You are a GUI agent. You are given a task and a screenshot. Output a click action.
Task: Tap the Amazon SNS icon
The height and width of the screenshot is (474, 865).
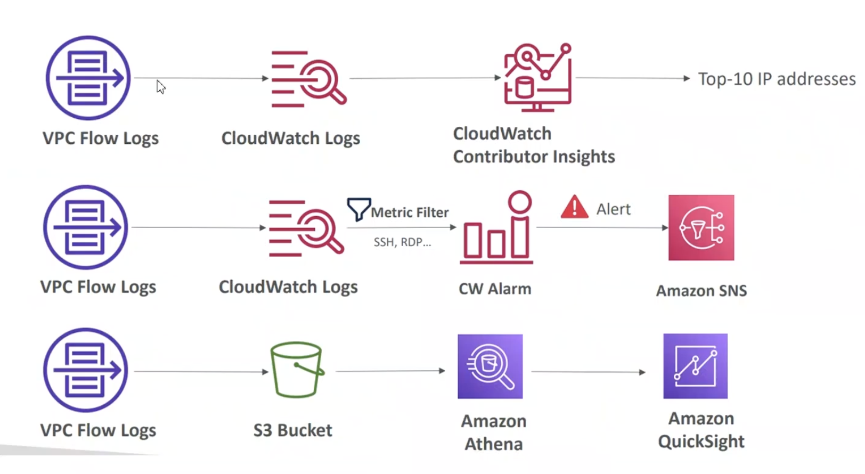tap(701, 227)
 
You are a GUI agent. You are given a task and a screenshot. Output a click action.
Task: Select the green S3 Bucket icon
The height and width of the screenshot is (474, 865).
tap(296, 370)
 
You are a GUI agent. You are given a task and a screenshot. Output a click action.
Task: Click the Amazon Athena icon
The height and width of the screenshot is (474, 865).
tap(490, 366)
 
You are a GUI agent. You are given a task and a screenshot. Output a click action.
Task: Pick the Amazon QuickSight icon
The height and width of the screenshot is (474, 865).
tap(695, 366)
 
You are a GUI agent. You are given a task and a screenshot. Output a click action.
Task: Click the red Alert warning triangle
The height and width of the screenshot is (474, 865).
tap(574, 207)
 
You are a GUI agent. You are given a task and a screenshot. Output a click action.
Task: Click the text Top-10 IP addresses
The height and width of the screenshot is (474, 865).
tap(777, 79)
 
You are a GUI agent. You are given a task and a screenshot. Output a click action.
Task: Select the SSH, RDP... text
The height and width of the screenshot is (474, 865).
tap(402, 242)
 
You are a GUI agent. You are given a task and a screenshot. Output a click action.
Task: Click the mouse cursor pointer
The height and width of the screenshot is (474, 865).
tap(161, 87)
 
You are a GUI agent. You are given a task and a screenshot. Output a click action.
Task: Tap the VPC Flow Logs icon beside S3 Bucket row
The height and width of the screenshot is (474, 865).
tap(86, 370)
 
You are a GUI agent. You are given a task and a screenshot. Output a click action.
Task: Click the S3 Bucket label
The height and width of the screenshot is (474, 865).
tap(292, 430)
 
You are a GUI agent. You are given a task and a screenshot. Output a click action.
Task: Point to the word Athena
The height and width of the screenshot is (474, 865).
tap(494, 444)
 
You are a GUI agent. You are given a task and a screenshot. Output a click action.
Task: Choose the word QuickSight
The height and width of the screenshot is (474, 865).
tap(701, 442)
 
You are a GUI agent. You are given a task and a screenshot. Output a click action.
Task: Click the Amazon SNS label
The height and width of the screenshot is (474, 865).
tap(701, 291)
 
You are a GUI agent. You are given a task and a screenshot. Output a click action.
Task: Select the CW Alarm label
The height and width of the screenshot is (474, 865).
tap(495, 289)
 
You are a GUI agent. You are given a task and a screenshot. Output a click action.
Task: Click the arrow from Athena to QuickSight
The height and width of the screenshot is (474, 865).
tap(589, 372)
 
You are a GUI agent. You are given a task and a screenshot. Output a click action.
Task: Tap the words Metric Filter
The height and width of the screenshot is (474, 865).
tap(410, 213)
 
